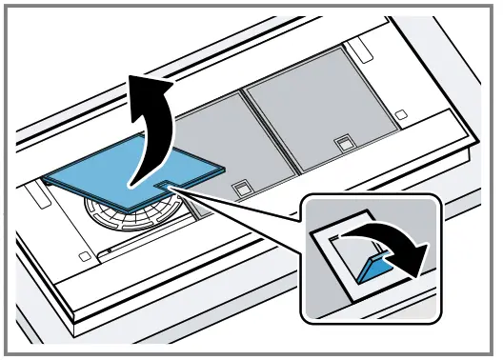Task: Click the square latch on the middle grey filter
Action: [x=243, y=186]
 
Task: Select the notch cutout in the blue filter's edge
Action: [x=167, y=178]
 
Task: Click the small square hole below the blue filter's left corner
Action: [x=85, y=255]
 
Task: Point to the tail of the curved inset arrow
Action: [x=348, y=238]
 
